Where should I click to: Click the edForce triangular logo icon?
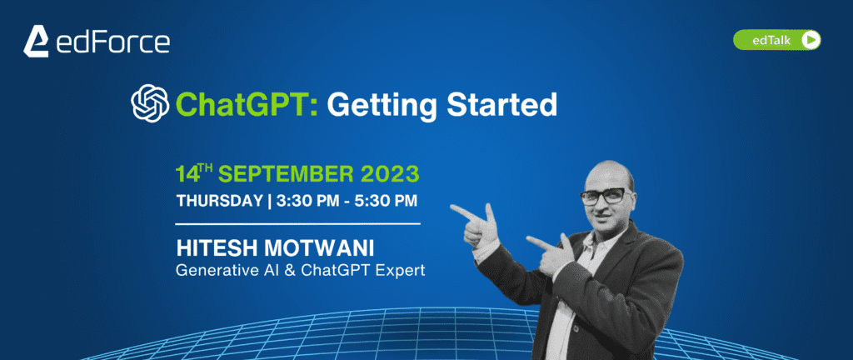[x=36, y=42]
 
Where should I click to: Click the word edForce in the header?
[x=112, y=42]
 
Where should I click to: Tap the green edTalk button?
[x=777, y=40]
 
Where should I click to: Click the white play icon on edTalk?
[x=811, y=40]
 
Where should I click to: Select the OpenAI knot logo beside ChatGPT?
[x=150, y=102]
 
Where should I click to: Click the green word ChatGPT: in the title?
[x=247, y=104]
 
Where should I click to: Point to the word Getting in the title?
[x=382, y=104]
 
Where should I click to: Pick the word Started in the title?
[x=501, y=103]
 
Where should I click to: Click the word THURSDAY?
[x=219, y=201]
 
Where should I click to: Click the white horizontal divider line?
[x=298, y=223]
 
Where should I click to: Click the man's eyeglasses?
[x=606, y=196]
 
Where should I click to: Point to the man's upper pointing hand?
[x=476, y=222]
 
